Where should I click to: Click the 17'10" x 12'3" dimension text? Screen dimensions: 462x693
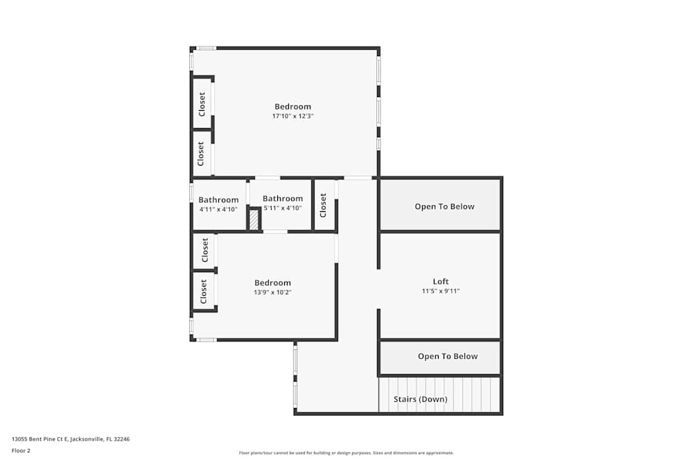click(292, 116)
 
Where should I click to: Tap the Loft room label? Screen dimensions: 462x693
click(441, 281)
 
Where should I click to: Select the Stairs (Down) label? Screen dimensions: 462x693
click(420, 399)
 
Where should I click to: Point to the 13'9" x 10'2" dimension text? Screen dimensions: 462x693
click(272, 292)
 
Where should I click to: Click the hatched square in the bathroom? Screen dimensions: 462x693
click(254, 220)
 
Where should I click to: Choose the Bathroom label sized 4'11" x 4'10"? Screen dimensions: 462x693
click(218, 199)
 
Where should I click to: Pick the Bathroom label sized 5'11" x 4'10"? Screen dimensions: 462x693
click(283, 198)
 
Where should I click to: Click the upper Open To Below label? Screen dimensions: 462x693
click(444, 206)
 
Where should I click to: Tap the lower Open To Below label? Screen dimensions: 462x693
click(447, 356)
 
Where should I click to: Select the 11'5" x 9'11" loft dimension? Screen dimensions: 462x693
click(441, 292)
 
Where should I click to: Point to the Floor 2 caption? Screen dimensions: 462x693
click(21, 450)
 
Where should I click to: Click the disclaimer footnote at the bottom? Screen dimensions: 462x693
click(347, 452)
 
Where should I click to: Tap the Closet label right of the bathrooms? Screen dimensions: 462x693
click(323, 205)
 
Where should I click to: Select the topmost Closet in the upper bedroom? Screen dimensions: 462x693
click(202, 104)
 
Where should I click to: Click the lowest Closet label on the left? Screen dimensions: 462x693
click(204, 292)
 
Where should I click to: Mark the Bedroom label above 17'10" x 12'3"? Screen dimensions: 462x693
click(292, 106)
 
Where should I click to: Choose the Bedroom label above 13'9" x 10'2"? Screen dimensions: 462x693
click(272, 283)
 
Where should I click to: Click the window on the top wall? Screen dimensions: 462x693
click(206, 48)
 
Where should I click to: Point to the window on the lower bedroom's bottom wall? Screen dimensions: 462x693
click(206, 339)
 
